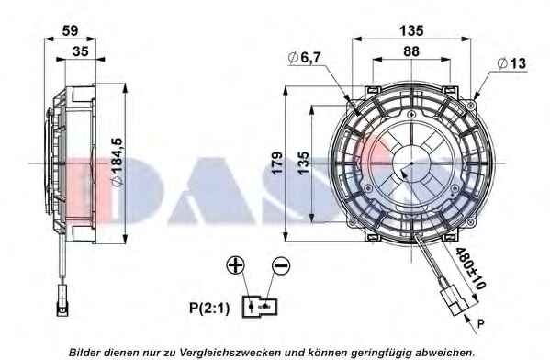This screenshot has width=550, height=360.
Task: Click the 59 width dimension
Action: click(70, 30)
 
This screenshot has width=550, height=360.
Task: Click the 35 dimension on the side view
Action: click(80, 51)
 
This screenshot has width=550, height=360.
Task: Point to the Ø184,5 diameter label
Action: click(117, 162)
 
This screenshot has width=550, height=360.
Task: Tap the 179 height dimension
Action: click(277, 163)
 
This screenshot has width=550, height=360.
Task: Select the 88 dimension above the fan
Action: click(411, 51)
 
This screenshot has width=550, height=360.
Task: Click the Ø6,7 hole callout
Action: click(304, 58)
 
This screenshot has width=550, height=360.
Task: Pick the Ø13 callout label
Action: click(511, 63)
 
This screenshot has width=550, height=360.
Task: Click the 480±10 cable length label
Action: click(470, 269)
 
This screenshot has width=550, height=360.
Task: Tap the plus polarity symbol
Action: click(235, 264)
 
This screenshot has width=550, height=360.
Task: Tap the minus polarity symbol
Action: click(281, 265)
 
